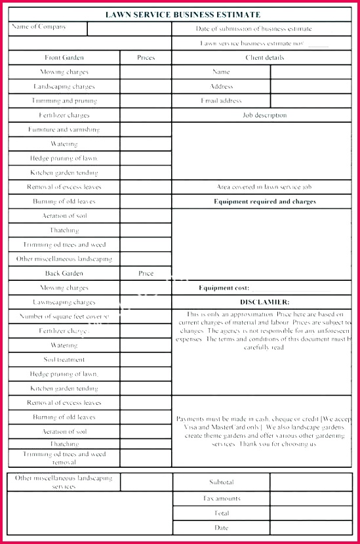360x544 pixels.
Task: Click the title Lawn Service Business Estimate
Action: click(x=183, y=14)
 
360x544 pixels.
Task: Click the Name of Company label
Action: click(x=39, y=27)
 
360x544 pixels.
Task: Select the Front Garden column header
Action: click(x=64, y=58)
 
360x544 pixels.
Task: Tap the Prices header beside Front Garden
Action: click(x=146, y=58)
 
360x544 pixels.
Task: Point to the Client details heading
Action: click(x=264, y=58)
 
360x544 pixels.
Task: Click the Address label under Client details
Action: click(x=221, y=87)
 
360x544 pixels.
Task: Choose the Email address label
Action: click(x=221, y=101)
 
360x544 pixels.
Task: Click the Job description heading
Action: click(x=264, y=115)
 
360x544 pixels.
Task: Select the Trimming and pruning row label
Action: click(x=64, y=101)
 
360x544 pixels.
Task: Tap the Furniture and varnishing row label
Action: click(x=64, y=130)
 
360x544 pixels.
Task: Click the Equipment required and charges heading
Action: click(x=264, y=201)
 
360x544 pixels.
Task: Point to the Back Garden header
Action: click(x=64, y=274)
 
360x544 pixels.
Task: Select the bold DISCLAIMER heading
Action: click(x=264, y=302)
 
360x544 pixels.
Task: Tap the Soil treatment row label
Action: click(x=64, y=360)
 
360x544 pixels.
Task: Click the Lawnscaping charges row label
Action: click(x=64, y=303)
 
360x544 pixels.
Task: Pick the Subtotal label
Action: click(x=221, y=482)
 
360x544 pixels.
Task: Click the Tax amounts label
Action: click(x=221, y=498)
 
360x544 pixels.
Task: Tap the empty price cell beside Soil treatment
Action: click(x=146, y=360)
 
